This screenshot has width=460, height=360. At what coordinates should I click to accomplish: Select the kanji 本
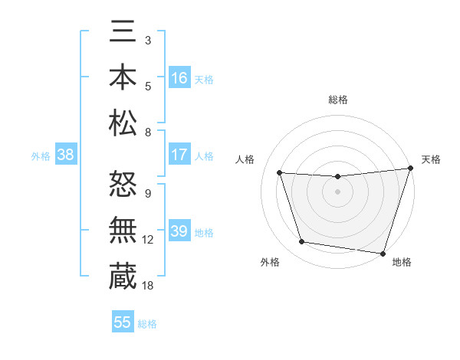(123, 77)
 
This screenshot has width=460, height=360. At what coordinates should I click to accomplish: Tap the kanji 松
(123, 123)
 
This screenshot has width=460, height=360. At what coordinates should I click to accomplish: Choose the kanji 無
(123, 229)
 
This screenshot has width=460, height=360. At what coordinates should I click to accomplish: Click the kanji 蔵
(123, 275)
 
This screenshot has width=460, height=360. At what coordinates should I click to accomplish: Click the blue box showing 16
(179, 77)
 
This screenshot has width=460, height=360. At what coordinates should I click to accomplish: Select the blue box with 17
(179, 155)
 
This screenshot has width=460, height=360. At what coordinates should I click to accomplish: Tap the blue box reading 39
(179, 231)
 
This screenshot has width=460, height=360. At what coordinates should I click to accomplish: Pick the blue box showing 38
(65, 155)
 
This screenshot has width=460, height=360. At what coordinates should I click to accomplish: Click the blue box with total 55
(122, 322)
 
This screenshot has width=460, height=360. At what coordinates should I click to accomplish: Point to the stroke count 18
(148, 285)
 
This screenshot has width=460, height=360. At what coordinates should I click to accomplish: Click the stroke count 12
(148, 239)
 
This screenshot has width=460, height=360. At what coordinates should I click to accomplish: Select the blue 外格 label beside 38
(41, 155)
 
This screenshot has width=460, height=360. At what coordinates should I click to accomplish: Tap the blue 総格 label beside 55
(147, 323)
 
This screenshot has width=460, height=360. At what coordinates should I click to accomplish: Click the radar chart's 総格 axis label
(337, 100)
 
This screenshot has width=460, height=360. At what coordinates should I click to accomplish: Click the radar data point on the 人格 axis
(280, 173)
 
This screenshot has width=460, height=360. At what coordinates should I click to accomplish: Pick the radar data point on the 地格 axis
(383, 253)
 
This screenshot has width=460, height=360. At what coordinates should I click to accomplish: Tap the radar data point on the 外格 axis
(302, 242)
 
